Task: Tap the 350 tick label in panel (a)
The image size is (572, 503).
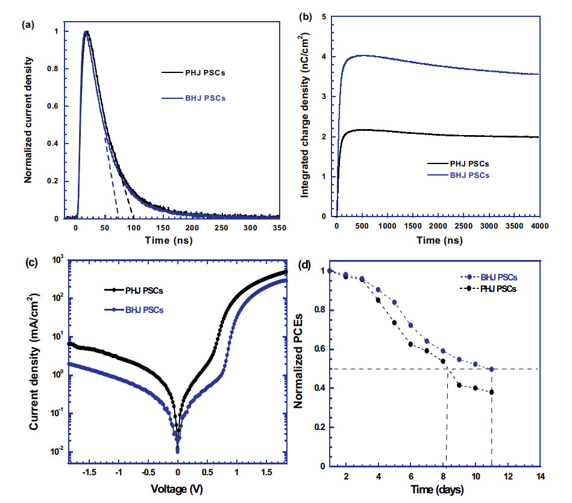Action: pyautogui.click(x=279, y=229)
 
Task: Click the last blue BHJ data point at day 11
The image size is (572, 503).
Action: pyautogui.click(x=492, y=369)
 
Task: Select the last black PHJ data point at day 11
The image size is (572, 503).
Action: pyautogui.click(x=492, y=392)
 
